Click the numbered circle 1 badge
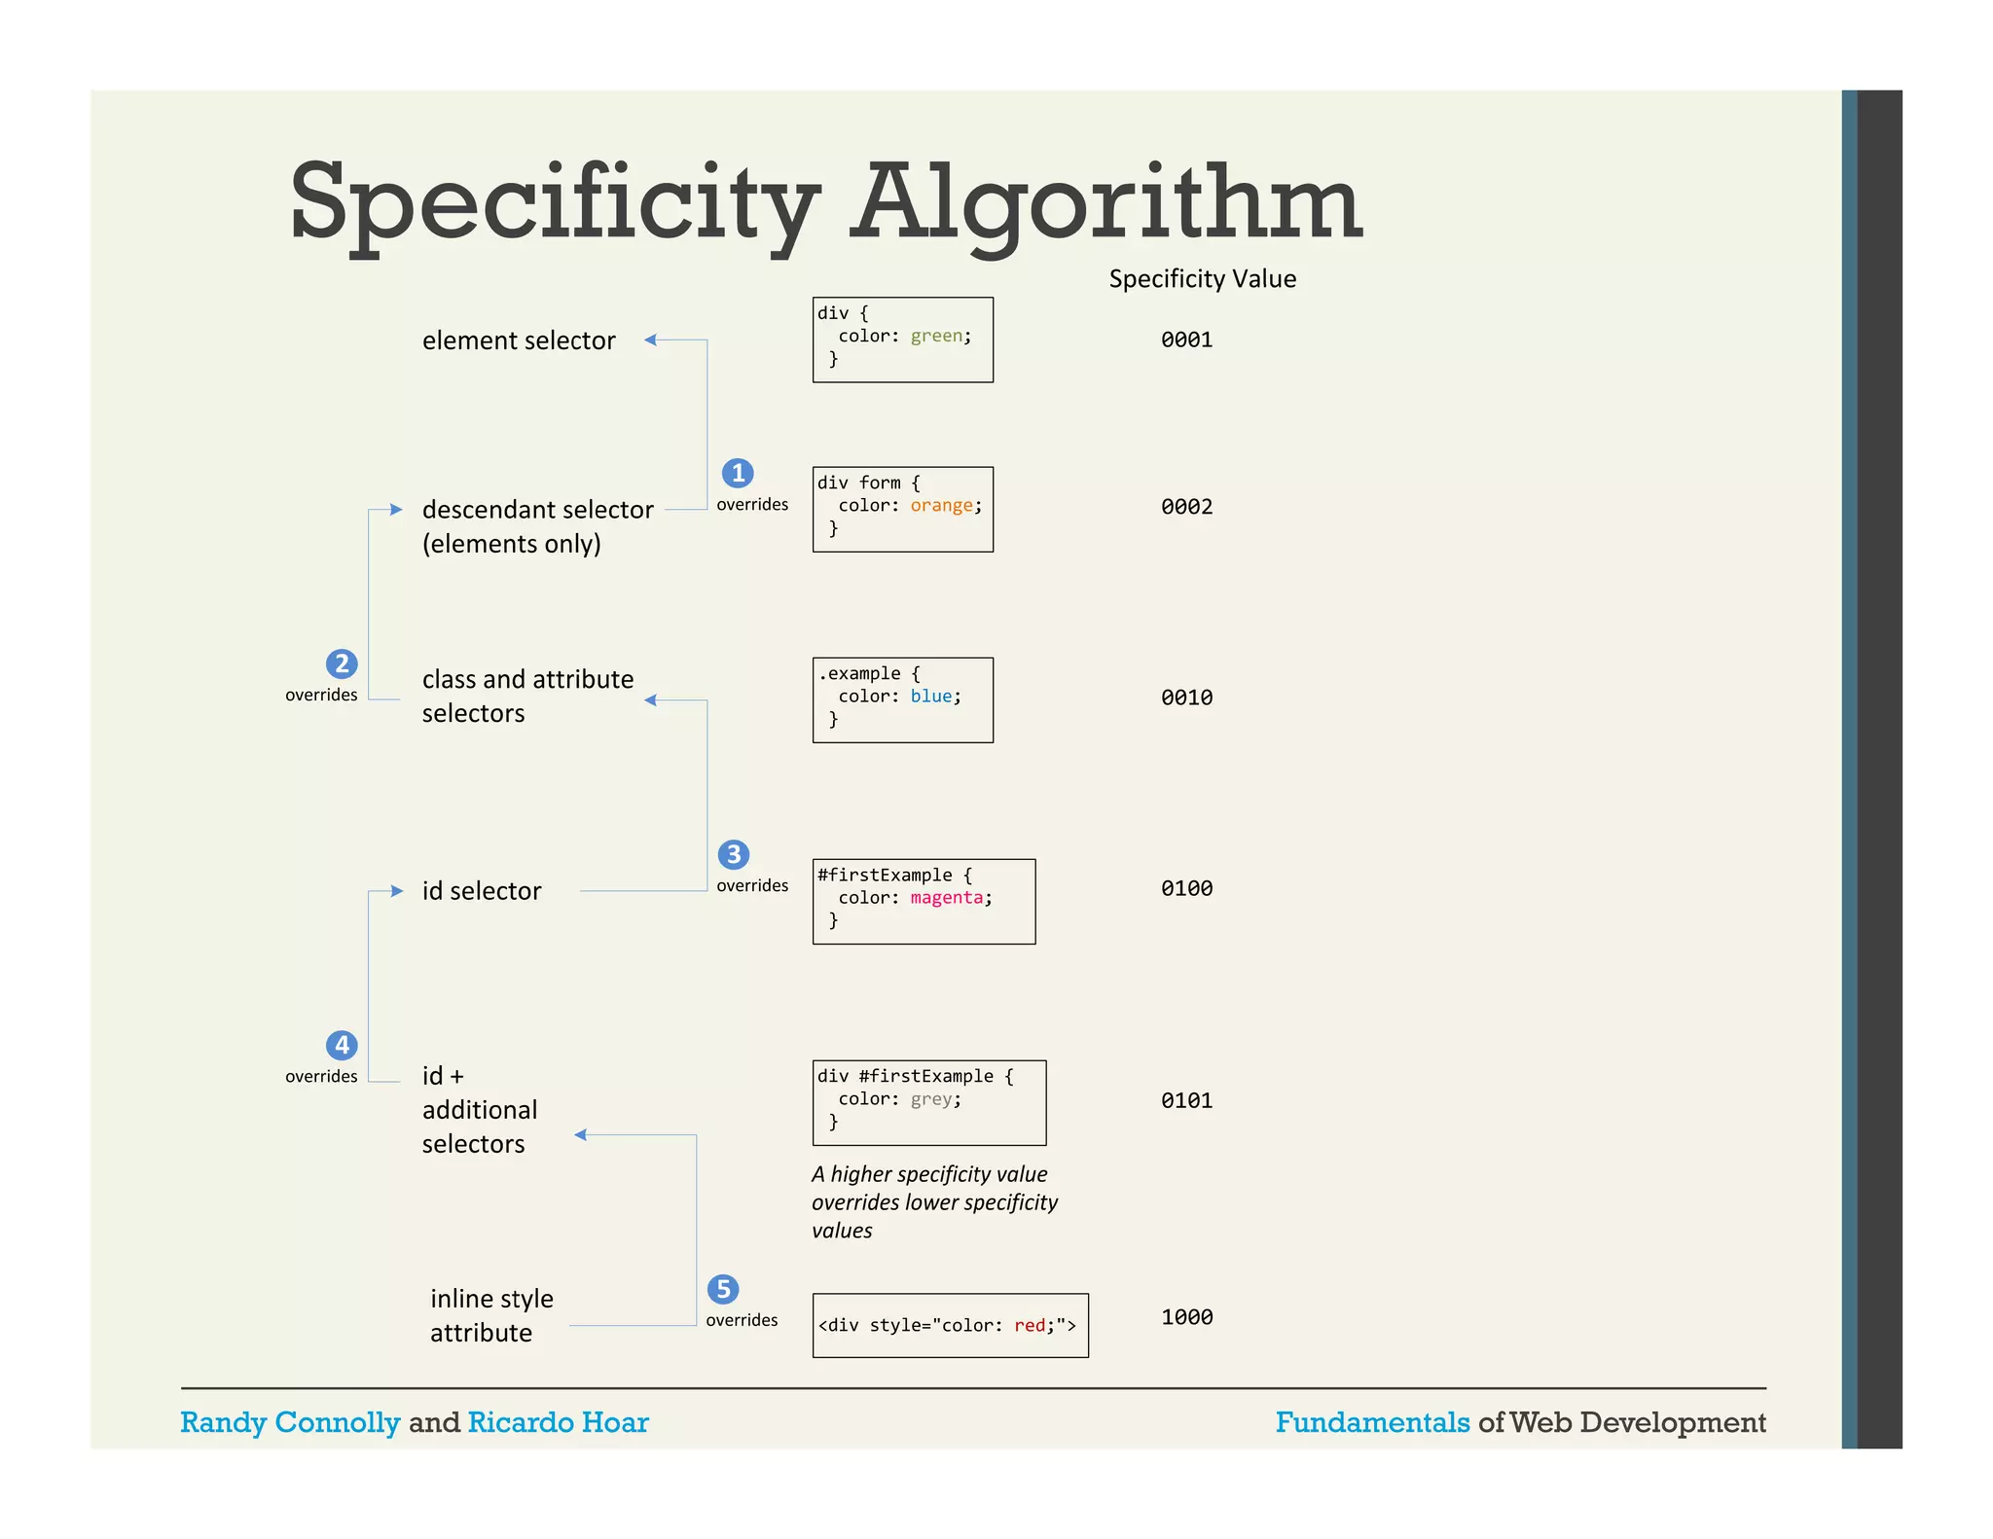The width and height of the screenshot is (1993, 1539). coord(738,473)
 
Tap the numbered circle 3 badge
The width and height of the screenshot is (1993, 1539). coord(734,854)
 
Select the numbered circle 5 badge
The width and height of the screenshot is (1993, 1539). coord(723,1289)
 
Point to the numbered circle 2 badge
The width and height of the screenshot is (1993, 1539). coord(342,663)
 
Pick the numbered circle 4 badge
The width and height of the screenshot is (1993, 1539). coord(342,1045)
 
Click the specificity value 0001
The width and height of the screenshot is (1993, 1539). coord(1186,340)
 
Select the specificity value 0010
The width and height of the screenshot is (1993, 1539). coord(1186,698)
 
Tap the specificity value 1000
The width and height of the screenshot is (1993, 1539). coord(1186,1317)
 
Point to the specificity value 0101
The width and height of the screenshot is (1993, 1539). coord(1186,1100)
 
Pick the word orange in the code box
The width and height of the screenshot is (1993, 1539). coord(941,506)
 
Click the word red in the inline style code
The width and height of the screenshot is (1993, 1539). coord(1030,1325)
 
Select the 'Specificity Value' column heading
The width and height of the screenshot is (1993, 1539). coord(1202,279)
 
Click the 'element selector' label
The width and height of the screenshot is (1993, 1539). coord(519,340)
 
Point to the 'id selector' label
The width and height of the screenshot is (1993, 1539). coord(482,891)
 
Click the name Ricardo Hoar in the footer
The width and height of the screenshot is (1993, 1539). coord(558,1422)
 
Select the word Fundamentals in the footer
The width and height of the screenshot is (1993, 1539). coord(1372,1422)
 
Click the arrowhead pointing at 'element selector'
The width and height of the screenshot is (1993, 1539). coord(650,340)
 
